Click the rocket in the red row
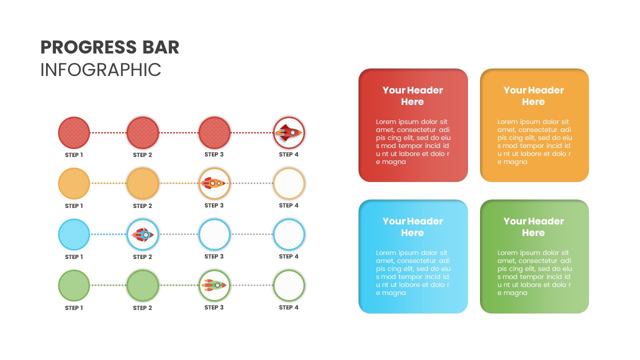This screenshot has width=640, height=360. point(289,132)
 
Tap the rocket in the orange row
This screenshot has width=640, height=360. point(214,183)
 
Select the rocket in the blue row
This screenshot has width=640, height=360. point(142,234)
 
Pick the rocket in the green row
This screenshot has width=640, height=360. point(214,285)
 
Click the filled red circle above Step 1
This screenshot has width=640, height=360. point(74,132)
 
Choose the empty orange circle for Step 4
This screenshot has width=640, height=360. point(289,183)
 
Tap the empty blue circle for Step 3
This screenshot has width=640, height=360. point(214,234)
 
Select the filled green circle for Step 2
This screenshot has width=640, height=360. point(142,285)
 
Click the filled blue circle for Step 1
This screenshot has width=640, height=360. point(74,234)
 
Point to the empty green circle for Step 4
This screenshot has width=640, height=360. point(289,285)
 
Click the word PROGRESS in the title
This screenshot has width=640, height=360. point(80,47)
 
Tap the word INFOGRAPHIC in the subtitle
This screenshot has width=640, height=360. point(100,70)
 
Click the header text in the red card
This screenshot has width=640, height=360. point(412,96)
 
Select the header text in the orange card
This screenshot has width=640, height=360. point(533,96)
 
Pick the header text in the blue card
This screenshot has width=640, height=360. point(412,227)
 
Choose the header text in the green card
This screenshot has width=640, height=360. point(533,227)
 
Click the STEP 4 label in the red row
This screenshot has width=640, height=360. point(288,154)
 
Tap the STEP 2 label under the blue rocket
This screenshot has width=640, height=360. point(142,257)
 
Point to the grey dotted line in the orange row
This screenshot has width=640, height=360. point(251,183)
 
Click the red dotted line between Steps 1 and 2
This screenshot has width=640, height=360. point(108,133)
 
